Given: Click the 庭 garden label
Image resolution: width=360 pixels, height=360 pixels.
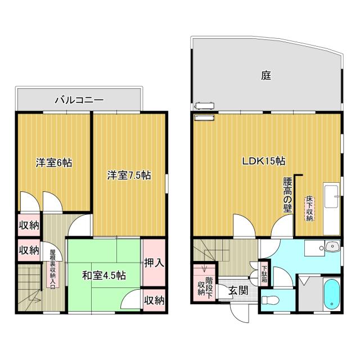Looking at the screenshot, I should click(266, 75).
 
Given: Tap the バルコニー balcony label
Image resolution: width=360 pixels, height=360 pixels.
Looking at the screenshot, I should click(79, 101).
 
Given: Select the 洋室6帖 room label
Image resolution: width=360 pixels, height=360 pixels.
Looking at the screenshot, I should click(54, 163).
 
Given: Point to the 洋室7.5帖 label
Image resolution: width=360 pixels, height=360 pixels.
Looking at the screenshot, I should click(129, 175).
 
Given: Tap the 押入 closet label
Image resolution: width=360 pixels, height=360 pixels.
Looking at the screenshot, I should click(154, 262).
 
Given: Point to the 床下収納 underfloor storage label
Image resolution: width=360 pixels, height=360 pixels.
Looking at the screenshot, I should click(309, 209).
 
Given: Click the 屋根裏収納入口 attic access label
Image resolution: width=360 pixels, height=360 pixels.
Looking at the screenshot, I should click(52, 269).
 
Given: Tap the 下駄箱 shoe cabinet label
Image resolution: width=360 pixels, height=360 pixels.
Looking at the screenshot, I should click(264, 273).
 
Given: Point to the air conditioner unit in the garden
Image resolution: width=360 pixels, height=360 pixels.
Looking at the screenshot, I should click(203, 105).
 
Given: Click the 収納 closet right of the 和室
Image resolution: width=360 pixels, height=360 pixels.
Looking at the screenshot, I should click(154, 300).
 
